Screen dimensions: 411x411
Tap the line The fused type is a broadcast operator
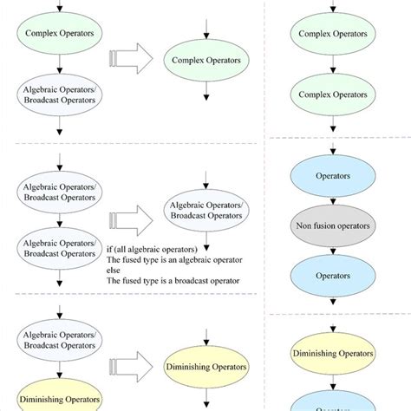[x=173, y=280]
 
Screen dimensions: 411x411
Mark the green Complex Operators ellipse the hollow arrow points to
[x=205, y=62]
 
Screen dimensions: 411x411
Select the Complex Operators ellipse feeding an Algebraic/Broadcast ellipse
[x=59, y=34]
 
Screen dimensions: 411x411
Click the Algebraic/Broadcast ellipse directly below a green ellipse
[x=59, y=95]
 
